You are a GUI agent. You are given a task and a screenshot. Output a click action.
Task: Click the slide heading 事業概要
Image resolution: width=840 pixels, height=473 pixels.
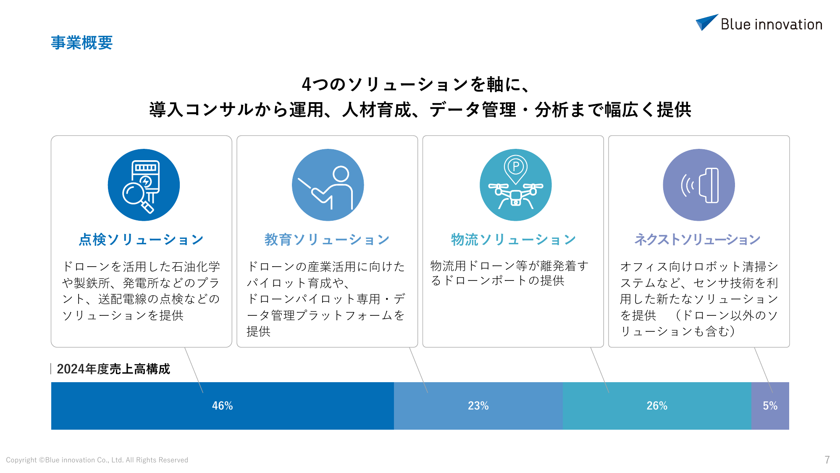(x=82, y=42)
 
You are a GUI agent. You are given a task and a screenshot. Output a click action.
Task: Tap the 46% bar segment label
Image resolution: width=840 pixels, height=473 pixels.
(x=222, y=406)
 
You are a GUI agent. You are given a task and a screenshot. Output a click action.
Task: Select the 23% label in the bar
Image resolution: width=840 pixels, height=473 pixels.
(x=478, y=406)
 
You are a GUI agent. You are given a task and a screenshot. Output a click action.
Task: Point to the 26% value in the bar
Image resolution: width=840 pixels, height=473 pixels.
(x=657, y=406)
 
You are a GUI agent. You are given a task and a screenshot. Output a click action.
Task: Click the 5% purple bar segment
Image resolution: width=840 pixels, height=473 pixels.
(x=770, y=406)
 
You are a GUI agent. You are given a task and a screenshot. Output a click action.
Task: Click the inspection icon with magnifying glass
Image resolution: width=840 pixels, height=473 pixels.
(x=144, y=185)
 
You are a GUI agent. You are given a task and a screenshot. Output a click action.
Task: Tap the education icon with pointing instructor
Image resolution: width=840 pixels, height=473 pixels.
(x=328, y=185)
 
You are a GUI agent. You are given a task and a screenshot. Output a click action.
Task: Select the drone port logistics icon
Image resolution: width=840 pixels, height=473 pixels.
(x=516, y=185)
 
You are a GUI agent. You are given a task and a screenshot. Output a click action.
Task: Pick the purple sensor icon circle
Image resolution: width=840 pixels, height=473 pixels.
(x=699, y=185)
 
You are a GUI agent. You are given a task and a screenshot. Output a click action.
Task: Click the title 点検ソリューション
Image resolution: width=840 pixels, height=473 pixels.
(x=142, y=240)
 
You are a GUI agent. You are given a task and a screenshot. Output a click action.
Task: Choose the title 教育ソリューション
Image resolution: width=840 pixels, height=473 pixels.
(x=327, y=240)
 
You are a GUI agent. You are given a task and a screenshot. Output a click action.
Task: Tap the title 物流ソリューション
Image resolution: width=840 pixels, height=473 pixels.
(x=513, y=240)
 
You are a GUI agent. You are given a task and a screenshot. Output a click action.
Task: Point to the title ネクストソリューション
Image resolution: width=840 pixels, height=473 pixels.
(x=698, y=240)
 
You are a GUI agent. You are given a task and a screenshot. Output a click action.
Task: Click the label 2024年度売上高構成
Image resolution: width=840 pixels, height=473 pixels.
(x=113, y=369)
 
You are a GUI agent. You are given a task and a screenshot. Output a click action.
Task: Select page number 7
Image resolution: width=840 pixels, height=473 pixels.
(x=827, y=460)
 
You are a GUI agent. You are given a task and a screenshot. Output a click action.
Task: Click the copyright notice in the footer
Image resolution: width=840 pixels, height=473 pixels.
(x=97, y=460)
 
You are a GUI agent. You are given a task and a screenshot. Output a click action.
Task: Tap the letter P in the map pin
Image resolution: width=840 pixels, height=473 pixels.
(x=516, y=166)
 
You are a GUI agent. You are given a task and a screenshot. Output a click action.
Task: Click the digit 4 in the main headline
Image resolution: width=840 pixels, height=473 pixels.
(x=307, y=85)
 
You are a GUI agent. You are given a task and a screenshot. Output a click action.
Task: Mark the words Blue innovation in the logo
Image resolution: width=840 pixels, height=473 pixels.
(x=772, y=24)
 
